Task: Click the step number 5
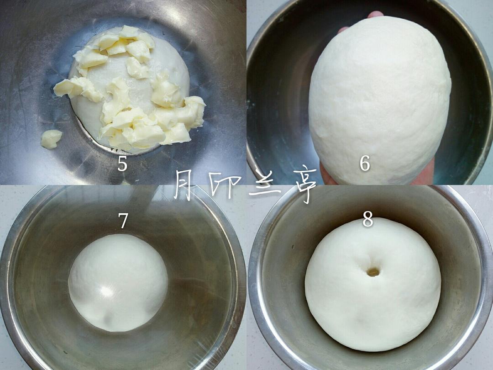pos(122,164)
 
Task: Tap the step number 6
pos(365,164)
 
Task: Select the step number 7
pos(123,221)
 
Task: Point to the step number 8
pos(367,219)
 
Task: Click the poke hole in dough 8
pos(373,272)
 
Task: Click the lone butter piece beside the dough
pos(51,139)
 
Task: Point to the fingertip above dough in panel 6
pos(376,14)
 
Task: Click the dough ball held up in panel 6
pos(380,99)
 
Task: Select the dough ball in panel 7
pos(118,283)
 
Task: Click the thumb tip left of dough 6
pos(343,30)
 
